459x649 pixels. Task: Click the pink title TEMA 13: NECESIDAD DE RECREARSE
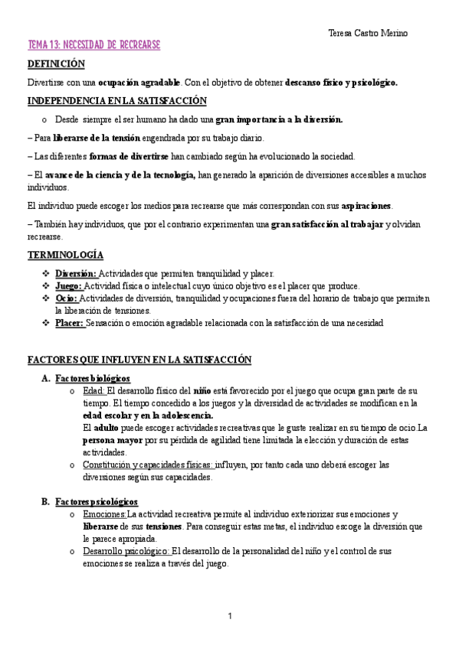coord(93,46)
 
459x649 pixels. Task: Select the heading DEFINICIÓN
coord(56,64)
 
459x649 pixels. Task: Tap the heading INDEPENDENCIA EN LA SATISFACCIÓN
coord(116,101)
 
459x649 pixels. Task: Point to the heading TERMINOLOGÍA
coord(65,255)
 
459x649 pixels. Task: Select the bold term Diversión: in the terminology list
coord(76,273)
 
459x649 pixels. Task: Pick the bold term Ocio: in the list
coord(67,298)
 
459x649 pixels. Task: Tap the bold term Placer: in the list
coord(70,323)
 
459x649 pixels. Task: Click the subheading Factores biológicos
coord(93,378)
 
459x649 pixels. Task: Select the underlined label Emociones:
coord(104,514)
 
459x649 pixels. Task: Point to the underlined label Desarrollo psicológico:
coord(126,551)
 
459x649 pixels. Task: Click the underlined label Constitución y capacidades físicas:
coord(148,465)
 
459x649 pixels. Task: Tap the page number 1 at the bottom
coord(229,616)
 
